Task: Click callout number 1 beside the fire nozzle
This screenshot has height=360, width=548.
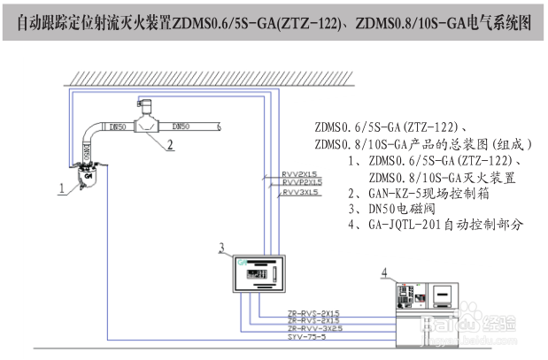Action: tap(61, 188)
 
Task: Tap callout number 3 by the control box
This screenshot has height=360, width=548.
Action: tap(222, 247)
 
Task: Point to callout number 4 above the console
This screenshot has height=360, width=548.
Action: tap(384, 272)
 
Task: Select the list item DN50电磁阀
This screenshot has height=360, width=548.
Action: tap(412, 209)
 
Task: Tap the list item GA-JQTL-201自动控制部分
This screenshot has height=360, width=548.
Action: tap(446, 225)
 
